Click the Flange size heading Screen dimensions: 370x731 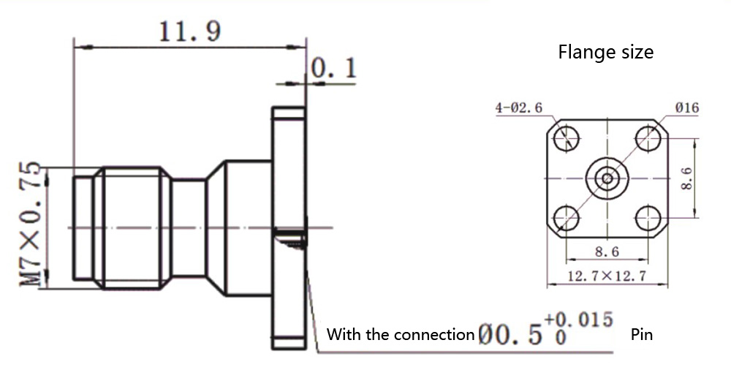pos(605,53)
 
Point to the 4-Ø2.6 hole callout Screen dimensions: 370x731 pos(518,108)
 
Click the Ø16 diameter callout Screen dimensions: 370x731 pos(686,108)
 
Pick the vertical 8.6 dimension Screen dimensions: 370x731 pos(686,177)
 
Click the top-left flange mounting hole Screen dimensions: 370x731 pos(566,137)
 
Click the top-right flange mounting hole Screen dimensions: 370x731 pos(648,137)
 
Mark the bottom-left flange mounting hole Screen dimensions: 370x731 pos(566,218)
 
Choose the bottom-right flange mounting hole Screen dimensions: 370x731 pos(648,218)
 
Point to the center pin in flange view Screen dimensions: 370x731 pos(606,178)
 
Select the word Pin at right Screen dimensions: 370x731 pos(641,335)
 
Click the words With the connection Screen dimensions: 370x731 pos(401,335)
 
